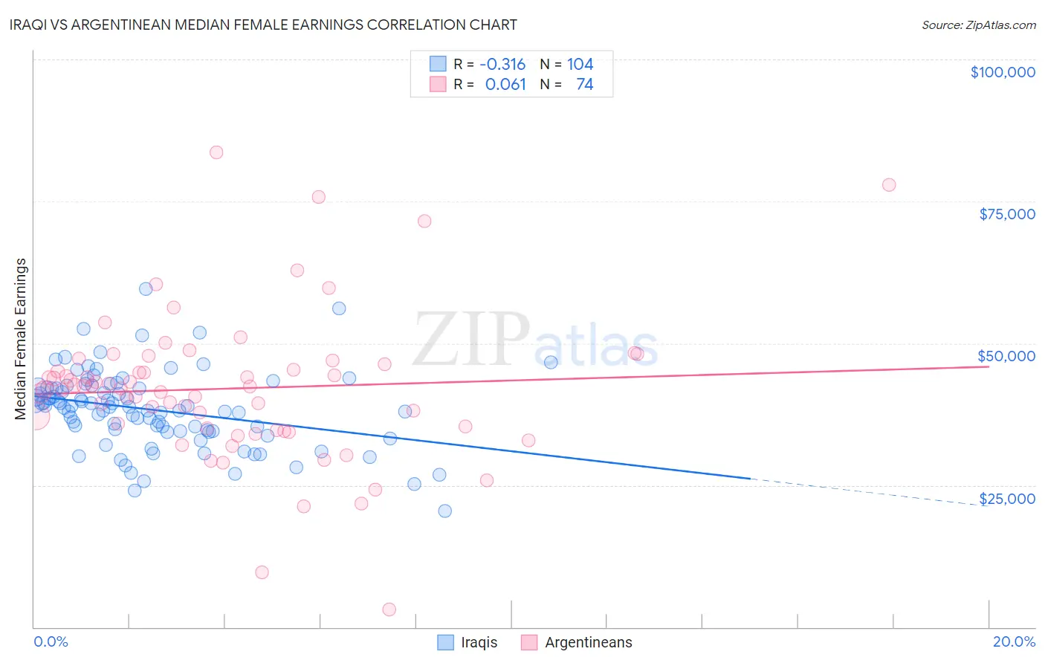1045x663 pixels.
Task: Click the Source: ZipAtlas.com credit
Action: (x=978, y=25)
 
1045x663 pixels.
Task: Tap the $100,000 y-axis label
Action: (x=1002, y=72)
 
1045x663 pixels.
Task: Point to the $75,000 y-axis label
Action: (x=1006, y=214)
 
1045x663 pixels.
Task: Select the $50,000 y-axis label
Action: (x=1006, y=356)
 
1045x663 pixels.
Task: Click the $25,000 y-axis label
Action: (x=1006, y=498)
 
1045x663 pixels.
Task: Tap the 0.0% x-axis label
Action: (x=51, y=641)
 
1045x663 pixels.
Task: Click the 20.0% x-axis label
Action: (x=1014, y=641)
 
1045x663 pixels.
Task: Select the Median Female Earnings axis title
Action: (x=21, y=339)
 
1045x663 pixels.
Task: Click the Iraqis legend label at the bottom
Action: (x=479, y=642)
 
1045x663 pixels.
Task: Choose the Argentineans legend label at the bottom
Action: (x=588, y=642)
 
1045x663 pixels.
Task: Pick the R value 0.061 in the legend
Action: (x=505, y=85)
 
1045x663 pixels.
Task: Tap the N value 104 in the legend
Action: (x=580, y=65)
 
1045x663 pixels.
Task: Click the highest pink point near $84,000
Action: (x=216, y=152)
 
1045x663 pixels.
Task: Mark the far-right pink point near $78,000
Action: (x=889, y=185)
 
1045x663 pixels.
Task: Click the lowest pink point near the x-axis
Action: (x=389, y=609)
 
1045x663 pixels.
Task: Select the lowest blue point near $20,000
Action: (x=444, y=511)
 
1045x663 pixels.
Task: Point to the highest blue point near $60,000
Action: (x=146, y=289)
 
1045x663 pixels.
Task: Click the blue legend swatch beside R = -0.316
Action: (x=438, y=65)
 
